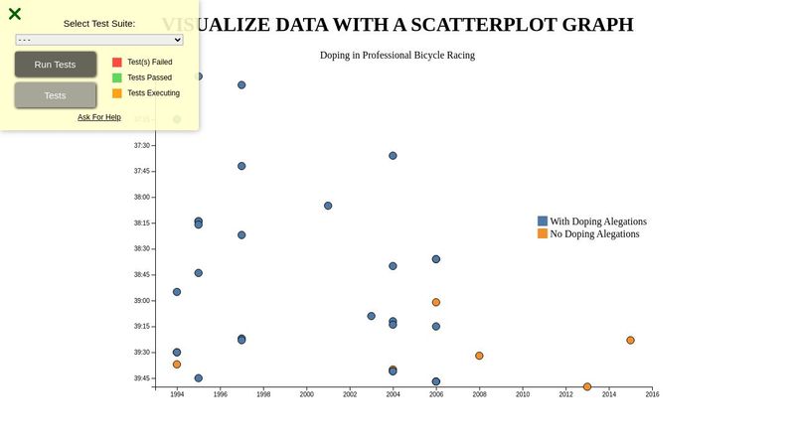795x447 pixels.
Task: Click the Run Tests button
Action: [55, 65]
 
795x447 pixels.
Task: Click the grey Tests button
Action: [55, 95]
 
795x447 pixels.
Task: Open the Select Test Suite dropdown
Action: [99, 40]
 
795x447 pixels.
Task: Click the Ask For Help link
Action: [99, 117]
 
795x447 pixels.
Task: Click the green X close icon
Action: [15, 14]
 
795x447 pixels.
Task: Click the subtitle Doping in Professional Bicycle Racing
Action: [397, 55]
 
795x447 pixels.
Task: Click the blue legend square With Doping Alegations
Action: [543, 221]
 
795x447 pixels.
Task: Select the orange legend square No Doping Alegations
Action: [543, 233]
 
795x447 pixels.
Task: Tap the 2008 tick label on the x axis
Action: [479, 394]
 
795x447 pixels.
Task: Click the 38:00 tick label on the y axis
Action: [142, 197]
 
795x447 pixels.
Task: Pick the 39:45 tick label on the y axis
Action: [142, 378]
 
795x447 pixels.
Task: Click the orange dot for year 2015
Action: [630, 340]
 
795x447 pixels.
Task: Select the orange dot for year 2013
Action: [587, 386]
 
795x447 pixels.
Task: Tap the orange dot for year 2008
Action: [479, 356]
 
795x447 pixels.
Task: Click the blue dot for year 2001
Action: [328, 206]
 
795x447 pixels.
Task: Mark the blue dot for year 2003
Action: [372, 316]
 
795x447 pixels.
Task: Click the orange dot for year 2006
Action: [436, 302]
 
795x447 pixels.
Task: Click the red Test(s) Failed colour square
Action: [117, 62]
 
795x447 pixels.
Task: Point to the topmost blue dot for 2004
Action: [393, 155]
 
